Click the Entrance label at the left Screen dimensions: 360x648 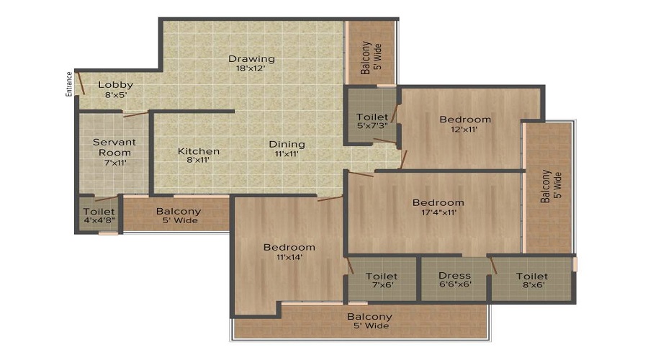pos(69,84)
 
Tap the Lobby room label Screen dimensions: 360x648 pos(116,89)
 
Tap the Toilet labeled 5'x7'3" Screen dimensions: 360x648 pos(372,122)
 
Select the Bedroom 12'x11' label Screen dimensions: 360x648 pos(465,124)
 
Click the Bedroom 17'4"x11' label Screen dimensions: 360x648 pos(438,207)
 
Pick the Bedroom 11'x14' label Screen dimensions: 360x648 pos(289,252)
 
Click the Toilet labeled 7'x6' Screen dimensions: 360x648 pos(382,281)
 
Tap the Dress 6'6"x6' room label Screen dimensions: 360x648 pos(454,281)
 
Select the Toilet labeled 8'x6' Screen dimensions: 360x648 pos(532,281)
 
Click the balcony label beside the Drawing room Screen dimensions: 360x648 pos(370,58)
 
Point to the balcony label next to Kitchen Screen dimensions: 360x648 pos(179,216)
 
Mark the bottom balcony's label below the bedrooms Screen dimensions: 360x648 pos(369,321)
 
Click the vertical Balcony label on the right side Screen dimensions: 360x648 pos(550,186)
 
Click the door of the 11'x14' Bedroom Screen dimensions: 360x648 pos(330,197)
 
